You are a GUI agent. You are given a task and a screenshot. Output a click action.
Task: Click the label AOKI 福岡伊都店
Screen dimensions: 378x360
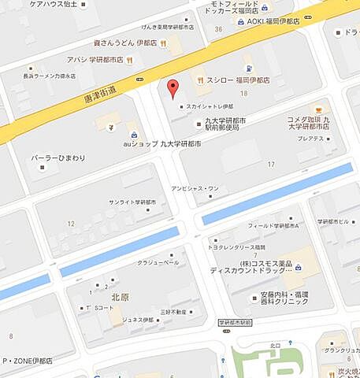[x=281, y=20]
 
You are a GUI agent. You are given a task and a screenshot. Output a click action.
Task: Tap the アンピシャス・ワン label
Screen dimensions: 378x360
[x=195, y=188]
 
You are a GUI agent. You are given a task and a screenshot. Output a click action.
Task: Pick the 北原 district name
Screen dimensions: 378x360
[x=121, y=297]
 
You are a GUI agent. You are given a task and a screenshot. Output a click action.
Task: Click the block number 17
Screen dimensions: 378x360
[x=272, y=164]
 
